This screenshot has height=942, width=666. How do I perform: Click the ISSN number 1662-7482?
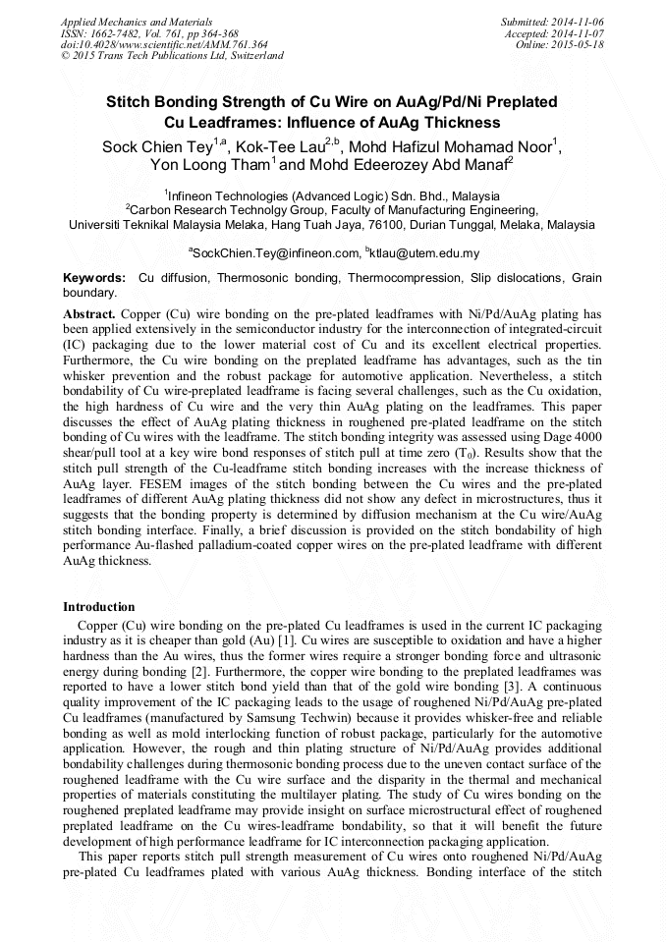[x=119, y=33]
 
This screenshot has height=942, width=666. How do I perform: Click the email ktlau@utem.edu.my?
[x=422, y=252]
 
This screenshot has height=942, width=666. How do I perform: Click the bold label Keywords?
[x=94, y=279]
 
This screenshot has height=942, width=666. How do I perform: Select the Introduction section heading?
[x=99, y=607]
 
